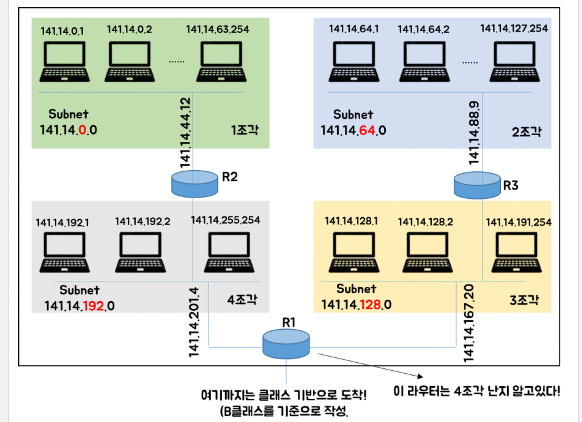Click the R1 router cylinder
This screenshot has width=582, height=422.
pyautogui.click(x=286, y=344)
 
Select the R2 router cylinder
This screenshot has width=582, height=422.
pyautogui.click(x=195, y=184)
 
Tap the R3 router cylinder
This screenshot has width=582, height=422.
pyautogui.click(x=477, y=185)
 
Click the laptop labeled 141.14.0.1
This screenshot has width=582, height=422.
pyautogui.click(x=65, y=62)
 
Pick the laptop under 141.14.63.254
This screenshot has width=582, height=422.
pyautogui.click(x=221, y=62)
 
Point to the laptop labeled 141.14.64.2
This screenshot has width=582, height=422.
pyautogui.click(x=425, y=62)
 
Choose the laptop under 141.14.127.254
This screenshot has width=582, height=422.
pyautogui.click(x=515, y=62)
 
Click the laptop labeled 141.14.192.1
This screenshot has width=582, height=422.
pyautogui.click(x=65, y=252)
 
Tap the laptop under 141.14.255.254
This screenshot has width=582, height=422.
pyautogui.click(x=229, y=252)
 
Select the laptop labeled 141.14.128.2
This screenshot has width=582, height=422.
pyautogui.click(x=428, y=252)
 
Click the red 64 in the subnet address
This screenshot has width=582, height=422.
pyautogui.click(x=367, y=130)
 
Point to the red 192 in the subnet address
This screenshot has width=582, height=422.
pyautogui.click(x=94, y=306)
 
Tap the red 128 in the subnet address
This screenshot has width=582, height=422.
pyautogui.click(x=370, y=305)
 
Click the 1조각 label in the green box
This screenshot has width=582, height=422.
pyautogui.click(x=245, y=130)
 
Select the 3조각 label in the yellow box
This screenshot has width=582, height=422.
pyautogui.click(x=524, y=300)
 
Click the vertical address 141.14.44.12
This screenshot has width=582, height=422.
pyautogui.click(x=185, y=132)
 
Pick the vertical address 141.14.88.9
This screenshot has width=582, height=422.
pyautogui.click(x=474, y=132)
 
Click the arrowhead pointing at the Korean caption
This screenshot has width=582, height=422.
pyautogui.click(x=420, y=376)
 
